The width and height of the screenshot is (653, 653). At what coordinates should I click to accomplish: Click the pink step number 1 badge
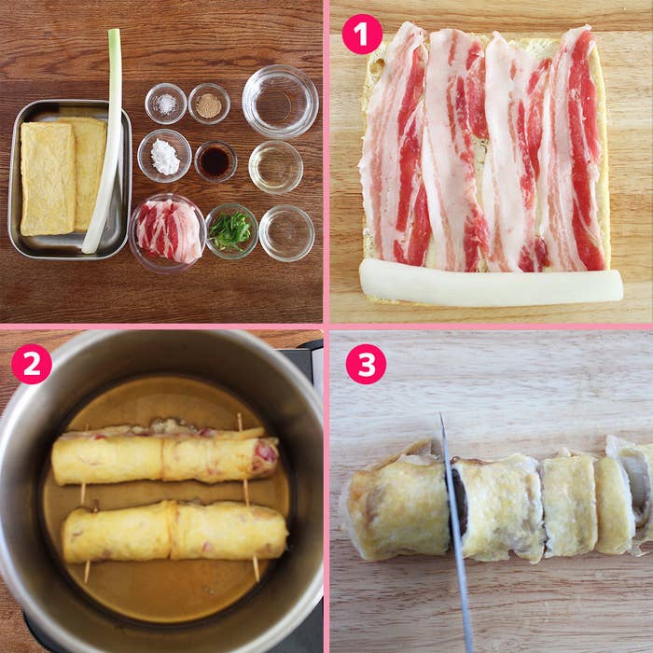(362, 35)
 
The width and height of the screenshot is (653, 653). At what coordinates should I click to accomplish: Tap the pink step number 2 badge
(32, 364)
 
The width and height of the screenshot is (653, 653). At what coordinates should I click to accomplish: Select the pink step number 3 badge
(366, 364)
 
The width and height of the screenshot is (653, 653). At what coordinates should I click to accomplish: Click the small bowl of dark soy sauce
(215, 161)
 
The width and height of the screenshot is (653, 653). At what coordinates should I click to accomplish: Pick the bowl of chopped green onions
(231, 231)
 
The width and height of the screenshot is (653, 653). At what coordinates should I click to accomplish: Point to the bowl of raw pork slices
(167, 232)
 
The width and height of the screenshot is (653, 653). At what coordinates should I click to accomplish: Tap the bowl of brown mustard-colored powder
(209, 104)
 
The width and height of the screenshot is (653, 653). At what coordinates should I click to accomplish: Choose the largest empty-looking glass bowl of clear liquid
(280, 101)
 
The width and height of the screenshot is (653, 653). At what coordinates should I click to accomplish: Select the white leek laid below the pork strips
(491, 283)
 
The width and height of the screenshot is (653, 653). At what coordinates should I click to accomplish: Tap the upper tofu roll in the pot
(165, 455)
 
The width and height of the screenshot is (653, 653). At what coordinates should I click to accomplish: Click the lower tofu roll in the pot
(175, 532)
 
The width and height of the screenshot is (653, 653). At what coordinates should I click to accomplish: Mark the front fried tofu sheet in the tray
(48, 179)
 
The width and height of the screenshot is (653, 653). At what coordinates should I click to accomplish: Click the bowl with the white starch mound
(164, 156)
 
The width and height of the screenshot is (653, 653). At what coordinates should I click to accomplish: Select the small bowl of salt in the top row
(166, 104)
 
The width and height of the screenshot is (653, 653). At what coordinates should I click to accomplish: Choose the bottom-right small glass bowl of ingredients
(286, 233)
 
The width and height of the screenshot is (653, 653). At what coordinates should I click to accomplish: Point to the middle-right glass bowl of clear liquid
(276, 167)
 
